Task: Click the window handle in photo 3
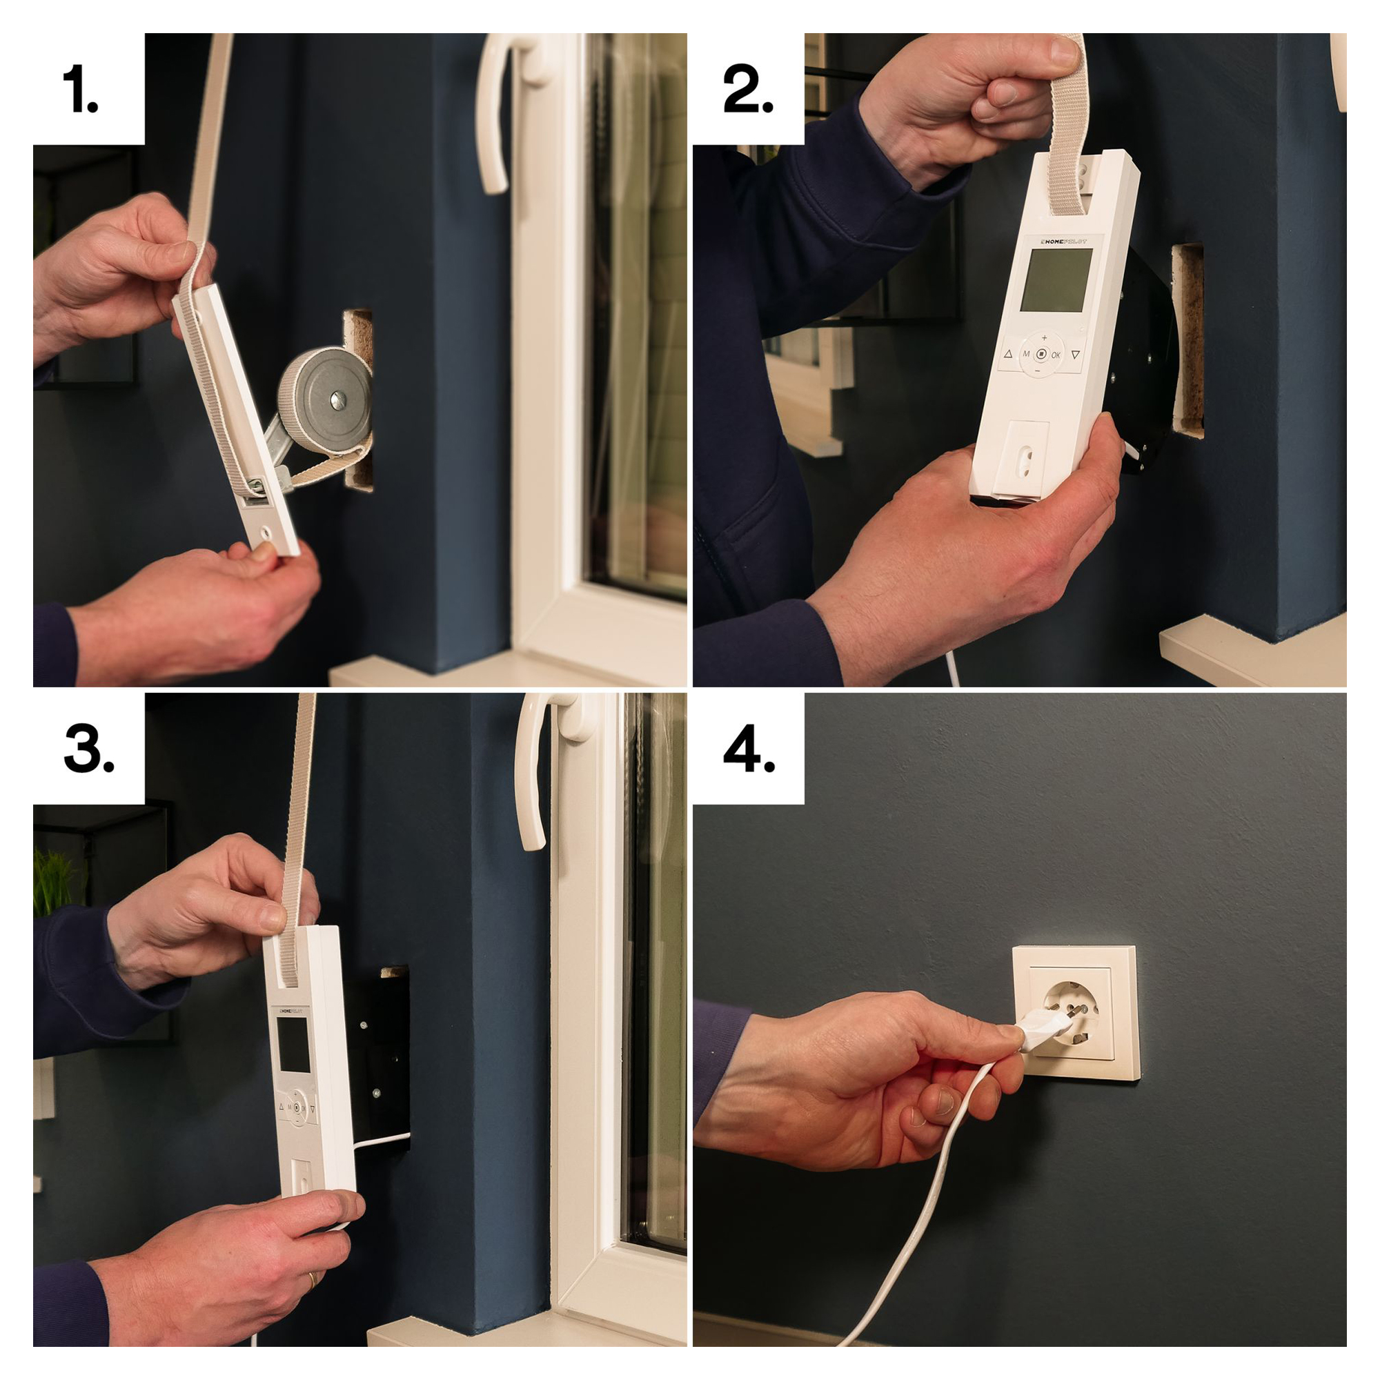(x=533, y=771)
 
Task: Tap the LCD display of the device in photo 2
(x=1056, y=280)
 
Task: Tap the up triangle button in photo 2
(x=1008, y=353)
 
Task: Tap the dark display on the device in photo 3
(x=293, y=1045)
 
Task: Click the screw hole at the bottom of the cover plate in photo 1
(x=266, y=532)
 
